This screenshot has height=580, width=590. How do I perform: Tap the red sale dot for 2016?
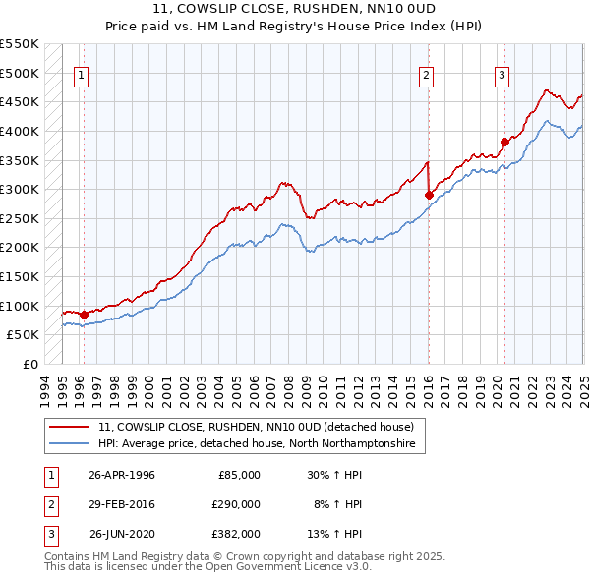pos(429,196)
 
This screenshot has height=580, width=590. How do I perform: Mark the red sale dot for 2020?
pos(504,142)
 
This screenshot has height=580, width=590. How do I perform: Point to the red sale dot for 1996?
pos(84,315)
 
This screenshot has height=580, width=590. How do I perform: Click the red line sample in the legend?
pos(70,427)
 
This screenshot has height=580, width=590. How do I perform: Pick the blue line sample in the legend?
pos(70,444)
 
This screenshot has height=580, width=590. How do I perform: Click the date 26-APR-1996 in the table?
pos(122,474)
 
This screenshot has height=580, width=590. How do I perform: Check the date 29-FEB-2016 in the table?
pos(122,503)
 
